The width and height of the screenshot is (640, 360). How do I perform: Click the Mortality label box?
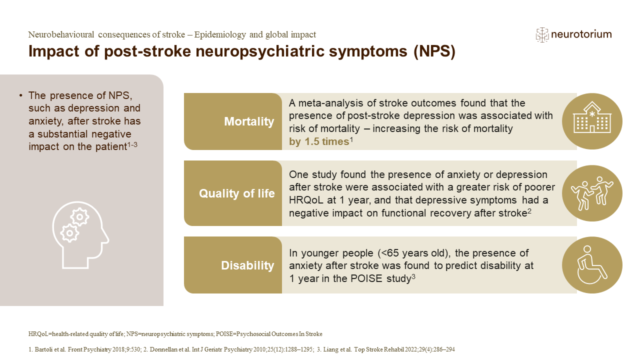233,121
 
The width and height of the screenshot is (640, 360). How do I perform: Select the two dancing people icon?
591,193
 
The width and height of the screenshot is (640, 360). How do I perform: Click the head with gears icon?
80,235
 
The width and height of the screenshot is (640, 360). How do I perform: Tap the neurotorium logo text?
581,34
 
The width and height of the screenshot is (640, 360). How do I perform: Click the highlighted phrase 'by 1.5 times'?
319,141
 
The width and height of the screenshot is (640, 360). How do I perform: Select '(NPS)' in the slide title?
434,51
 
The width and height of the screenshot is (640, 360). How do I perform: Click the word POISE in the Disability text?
366,278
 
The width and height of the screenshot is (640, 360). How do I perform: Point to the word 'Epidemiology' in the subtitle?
220,35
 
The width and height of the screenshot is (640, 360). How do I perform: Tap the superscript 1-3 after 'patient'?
132,144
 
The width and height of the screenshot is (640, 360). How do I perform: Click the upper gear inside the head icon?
79,217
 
